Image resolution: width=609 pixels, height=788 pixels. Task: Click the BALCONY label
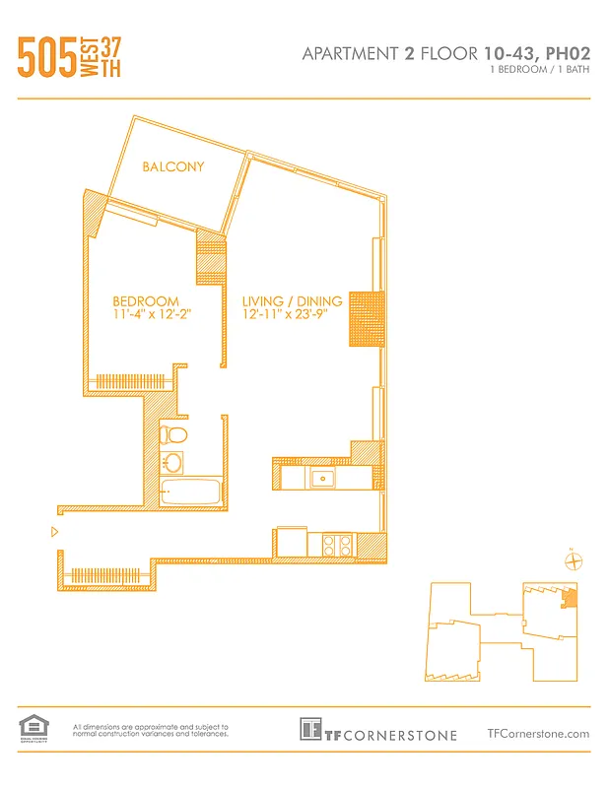[x=173, y=166]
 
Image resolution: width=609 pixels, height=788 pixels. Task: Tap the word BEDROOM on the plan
[x=146, y=301]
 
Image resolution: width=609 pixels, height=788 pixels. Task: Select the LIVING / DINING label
[x=293, y=301]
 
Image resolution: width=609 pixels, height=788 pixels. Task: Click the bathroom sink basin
[x=172, y=462]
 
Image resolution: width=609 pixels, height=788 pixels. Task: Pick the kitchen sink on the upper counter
[x=321, y=478]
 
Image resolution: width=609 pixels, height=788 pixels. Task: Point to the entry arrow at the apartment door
[x=54, y=532]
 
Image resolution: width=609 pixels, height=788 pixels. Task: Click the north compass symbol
[x=572, y=561]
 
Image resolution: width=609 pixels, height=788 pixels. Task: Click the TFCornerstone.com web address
[x=538, y=733]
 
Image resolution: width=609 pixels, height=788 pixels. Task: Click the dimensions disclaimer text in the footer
[x=151, y=730]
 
